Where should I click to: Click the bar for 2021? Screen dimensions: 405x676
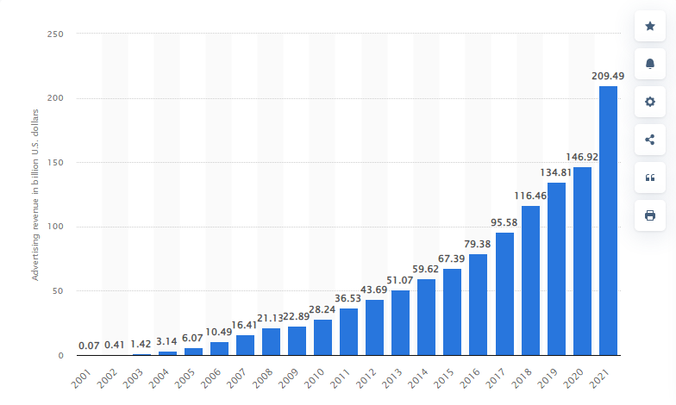pos(608,221)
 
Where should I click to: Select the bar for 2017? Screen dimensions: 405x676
pos(504,294)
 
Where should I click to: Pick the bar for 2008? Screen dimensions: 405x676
pos(272,341)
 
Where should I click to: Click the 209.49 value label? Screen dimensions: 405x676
pos(608,76)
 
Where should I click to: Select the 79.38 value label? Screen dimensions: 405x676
pos(479,243)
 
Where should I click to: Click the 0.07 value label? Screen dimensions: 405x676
pos(89,346)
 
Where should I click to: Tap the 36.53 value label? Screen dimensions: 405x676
pos(349,298)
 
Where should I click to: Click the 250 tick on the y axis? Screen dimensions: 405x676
pos(55,34)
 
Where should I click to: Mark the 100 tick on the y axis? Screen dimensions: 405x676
pos(55,227)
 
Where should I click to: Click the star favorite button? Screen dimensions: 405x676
pos(650,27)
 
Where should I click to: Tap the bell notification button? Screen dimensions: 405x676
pos(650,64)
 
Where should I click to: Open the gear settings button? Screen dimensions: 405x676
pos(650,102)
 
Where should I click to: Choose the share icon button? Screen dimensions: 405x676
pos(650,139)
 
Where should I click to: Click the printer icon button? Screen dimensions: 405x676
pos(650,215)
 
